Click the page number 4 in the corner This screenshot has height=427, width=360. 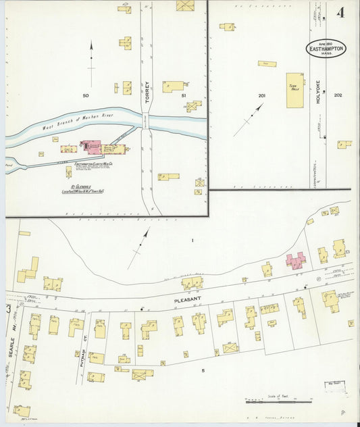tap(342, 12)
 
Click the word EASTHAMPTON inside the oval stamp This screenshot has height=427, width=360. tap(329, 49)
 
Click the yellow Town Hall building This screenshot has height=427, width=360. tap(294, 90)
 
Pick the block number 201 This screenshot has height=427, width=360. tap(261, 96)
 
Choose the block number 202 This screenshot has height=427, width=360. tap(338, 95)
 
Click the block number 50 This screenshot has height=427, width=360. tap(86, 96)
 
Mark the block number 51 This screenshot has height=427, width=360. tap(183, 96)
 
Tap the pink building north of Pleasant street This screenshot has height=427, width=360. tap(295, 259)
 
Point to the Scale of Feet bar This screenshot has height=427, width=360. tap(274, 401)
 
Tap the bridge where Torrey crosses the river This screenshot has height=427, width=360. tap(146, 122)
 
